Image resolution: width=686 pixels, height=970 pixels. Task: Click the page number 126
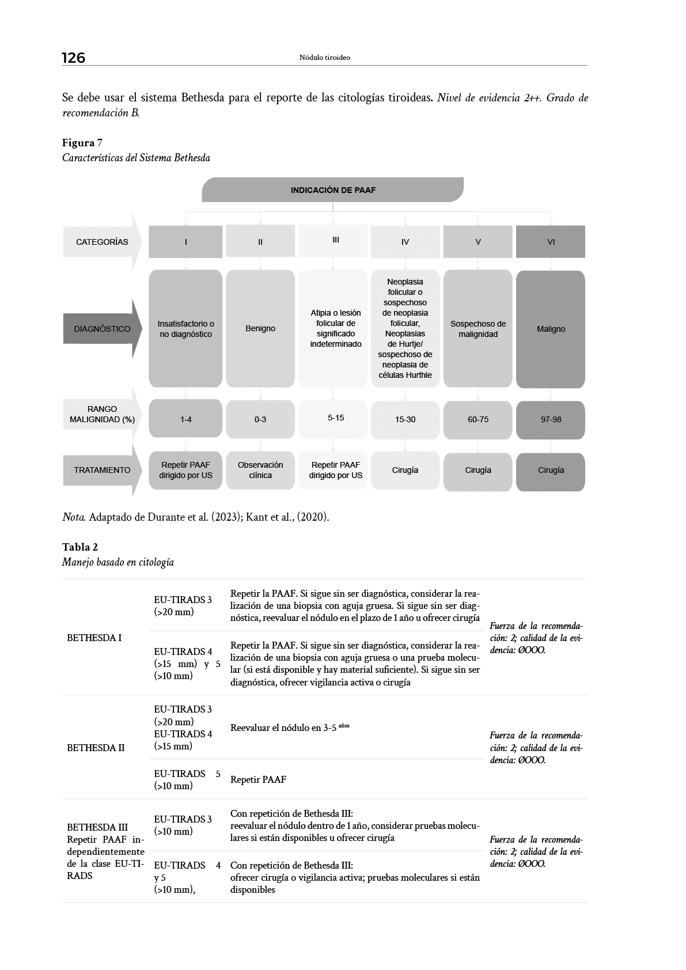pyautogui.click(x=73, y=58)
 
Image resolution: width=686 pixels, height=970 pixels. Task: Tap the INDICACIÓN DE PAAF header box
pyautogui.click(x=333, y=190)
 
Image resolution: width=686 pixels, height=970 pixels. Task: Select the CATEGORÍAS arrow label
pyautogui.click(x=102, y=242)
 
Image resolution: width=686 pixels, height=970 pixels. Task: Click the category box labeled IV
pyautogui.click(x=405, y=242)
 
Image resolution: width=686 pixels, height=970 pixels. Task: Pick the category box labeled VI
pyautogui.click(x=551, y=242)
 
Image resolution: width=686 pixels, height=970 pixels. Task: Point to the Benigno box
pyautogui.click(x=260, y=328)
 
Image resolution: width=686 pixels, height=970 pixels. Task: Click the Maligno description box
pyautogui.click(x=551, y=329)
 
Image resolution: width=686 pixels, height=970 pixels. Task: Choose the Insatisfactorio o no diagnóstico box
pyautogui.click(x=185, y=329)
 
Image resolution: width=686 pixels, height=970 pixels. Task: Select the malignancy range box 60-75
pyautogui.click(x=477, y=419)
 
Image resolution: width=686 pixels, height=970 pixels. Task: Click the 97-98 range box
pyautogui.click(x=551, y=419)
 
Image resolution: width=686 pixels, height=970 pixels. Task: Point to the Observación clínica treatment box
pyautogui.click(x=260, y=470)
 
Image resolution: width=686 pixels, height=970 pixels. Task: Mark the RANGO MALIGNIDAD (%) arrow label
pyautogui.click(x=102, y=414)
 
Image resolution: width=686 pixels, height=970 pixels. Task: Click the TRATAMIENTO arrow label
pyautogui.click(x=102, y=470)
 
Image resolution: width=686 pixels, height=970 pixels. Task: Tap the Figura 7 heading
pyautogui.click(x=82, y=143)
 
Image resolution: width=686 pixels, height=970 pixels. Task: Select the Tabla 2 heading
pyautogui.click(x=80, y=547)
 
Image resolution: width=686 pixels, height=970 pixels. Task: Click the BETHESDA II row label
pyautogui.click(x=96, y=748)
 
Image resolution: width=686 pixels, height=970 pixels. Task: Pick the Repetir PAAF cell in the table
pyautogui.click(x=258, y=779)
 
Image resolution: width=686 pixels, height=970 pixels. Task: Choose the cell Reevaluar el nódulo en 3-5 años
pyautogui.click(x=290, y=727)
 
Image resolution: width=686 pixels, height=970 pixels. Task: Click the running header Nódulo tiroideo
pyautogui.click(x=325, y=58)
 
